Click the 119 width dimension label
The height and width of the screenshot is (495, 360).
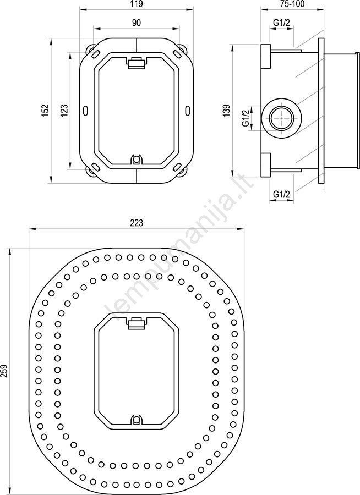click(x=136, y=4)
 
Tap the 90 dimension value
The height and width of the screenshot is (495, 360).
click(x=136, y=23)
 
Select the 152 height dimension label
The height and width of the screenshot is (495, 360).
click(x=46, y=111)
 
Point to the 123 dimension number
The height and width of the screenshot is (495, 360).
click(x=64, y=111)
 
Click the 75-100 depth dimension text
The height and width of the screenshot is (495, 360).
click(x=293, y=4)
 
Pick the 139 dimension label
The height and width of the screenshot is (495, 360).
click(x=227, y=111)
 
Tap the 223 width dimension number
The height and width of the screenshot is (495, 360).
click(x=136, y=223)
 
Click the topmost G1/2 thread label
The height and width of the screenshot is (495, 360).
click(x=281, y=22)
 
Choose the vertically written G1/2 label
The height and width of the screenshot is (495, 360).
click(x=246, y=118)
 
